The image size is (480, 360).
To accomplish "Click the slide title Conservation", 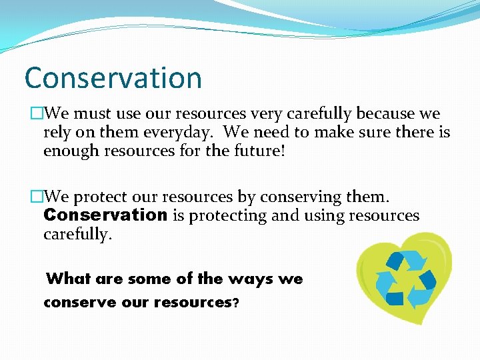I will (x=113, y=77).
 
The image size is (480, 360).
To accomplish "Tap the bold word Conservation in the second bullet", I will (x=105, y=215).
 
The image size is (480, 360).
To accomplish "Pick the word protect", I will (x=97, y=197).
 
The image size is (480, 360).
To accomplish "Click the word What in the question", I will (x=69, y=278).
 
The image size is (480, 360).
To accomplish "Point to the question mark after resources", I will (x=235, y=302).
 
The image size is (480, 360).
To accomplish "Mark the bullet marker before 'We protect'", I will (x=36, y=197).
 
